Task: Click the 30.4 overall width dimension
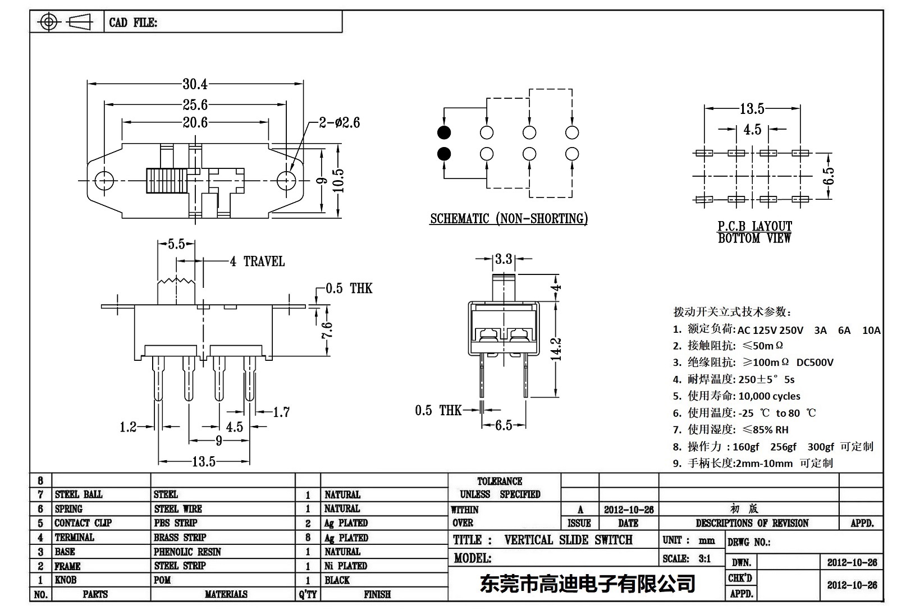195,84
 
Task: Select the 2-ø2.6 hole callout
339,122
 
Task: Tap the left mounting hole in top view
104,180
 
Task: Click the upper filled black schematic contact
444,133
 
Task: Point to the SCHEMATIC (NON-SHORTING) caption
509,219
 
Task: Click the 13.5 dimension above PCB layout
752,108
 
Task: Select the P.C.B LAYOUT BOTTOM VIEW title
754,232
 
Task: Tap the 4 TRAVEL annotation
258,262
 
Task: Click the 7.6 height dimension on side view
327,330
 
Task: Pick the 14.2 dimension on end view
556,348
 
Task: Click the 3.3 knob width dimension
504,259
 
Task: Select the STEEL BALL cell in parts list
79,494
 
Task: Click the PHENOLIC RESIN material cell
187,552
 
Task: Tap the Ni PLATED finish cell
346,566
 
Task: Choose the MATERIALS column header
226,594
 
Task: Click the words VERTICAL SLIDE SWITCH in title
568,540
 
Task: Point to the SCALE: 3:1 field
687,558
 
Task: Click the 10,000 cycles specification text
769,396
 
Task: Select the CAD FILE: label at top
133,22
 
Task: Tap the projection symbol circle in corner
49,22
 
